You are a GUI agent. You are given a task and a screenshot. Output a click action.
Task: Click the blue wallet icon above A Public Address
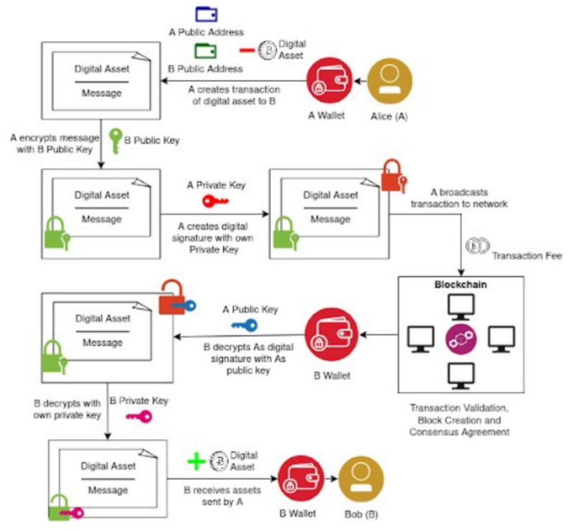(x=206, y=14)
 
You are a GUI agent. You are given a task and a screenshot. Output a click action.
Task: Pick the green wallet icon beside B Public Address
(x=206, y=50)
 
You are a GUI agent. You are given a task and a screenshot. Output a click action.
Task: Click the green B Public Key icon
(x=115, y=139)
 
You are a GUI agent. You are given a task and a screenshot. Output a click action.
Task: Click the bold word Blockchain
(x=460, y=285)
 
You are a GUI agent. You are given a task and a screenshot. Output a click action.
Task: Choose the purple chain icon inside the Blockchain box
(x=460, y=338)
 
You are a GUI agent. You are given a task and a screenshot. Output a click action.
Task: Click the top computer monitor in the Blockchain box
(x=460, y=307)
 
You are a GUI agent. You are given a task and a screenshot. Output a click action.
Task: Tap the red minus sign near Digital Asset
(x=247, y=50)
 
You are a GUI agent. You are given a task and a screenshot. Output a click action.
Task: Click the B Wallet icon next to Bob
(x=300, y=479)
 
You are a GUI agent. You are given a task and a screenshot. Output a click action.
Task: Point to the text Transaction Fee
(x=520, y=255)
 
